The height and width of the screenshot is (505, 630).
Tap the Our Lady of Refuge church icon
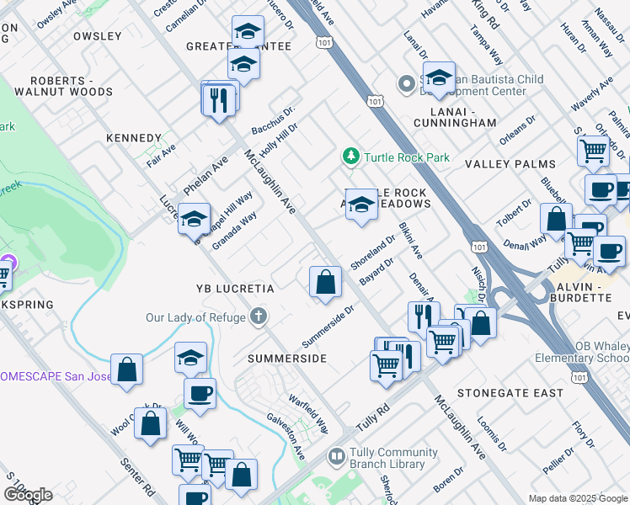click(259, 317)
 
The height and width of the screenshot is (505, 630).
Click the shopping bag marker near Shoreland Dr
click(325, 282)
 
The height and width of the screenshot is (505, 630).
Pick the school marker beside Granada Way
click(194, 220)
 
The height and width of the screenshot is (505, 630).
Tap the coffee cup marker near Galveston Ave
click(200, 393)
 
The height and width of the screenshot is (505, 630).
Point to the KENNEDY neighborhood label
click(133, 138)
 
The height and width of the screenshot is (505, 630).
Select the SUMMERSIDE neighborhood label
click(286, 359)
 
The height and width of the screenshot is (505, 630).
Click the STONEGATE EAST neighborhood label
click(510, 393)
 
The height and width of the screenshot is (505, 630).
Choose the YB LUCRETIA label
click(234, 289)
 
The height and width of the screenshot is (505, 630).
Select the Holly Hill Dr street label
click(280, 140)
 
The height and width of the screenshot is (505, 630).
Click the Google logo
click(28, 495)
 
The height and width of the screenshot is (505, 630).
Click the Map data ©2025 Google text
click(577, 498)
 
